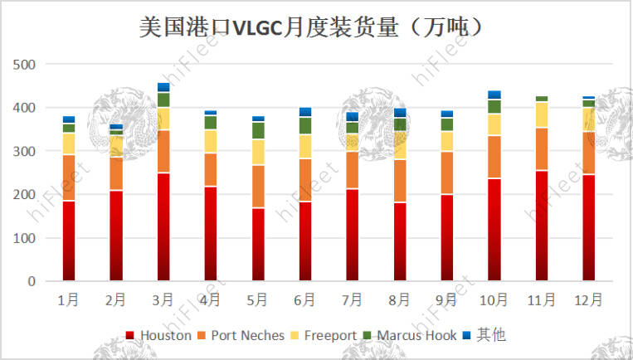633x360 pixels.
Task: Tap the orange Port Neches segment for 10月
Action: [x=494, y=157]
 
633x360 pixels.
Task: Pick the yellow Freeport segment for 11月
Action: [x=542, y=114]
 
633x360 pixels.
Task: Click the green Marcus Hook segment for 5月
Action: [x=258, y=130]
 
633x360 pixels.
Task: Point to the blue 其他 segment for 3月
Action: [x=163, y=87]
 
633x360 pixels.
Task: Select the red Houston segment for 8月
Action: [x=400, y=241]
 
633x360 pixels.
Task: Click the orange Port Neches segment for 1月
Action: [x=69, y=178]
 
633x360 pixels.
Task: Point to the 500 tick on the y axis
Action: [x=24, y=65]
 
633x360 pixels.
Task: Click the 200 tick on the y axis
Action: [x=24, y=195]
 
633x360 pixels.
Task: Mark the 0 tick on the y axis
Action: [x=31, y=282]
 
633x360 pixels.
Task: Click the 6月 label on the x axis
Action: [x=305, y=299]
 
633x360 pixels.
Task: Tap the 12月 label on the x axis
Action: [x=589, y=299]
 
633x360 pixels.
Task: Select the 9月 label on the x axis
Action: [x=447, y=299]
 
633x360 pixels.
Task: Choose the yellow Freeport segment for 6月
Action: [x=305, y=146]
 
